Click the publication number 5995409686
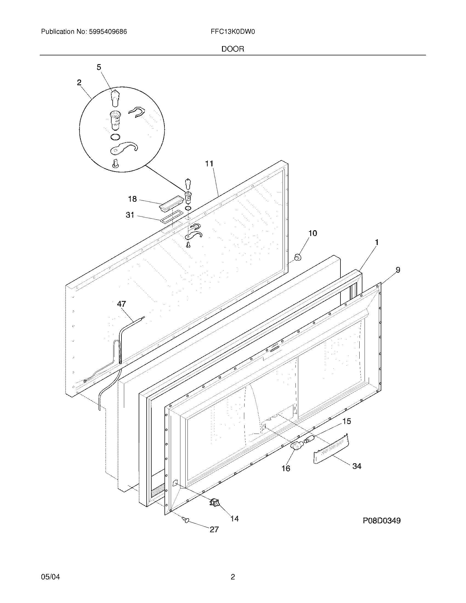pos(108,32)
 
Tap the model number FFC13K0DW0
pos(232,32)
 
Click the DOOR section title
pos(233,49)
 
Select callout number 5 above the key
pos(99,67)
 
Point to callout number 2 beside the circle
pos(79,82)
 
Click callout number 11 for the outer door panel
pos(209,164)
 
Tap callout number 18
pos(132,199)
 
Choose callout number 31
pos(130,215)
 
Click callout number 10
pos(312,233)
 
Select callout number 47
pos(121,304)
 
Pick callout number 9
pos(398,270)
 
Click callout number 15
pos(347,421)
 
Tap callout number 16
pos(286,468)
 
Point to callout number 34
pos(357,466)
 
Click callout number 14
pos(234,519)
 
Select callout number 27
pos(214,529)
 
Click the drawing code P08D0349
pos(382,521)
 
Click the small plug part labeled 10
pos(298,257)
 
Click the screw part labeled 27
pos(186,520)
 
